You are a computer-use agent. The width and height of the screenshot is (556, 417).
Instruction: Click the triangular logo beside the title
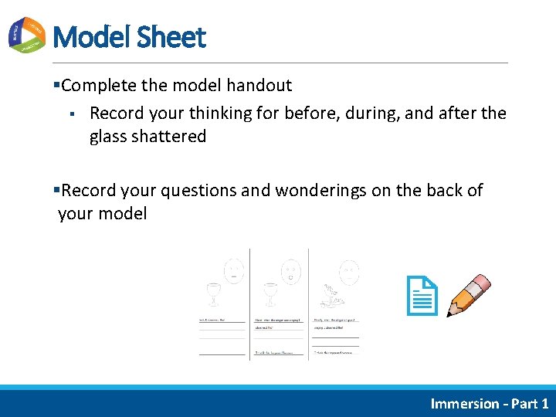27,36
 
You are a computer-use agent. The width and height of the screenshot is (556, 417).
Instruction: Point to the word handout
259,86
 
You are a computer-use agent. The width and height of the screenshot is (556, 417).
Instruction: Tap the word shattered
168,137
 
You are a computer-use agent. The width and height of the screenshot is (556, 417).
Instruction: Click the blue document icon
422,297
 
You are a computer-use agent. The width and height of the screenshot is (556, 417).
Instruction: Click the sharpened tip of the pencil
451,314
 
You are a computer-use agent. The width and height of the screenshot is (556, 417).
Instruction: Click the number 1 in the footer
544,403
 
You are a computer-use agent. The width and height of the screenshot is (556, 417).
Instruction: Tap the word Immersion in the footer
465,403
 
